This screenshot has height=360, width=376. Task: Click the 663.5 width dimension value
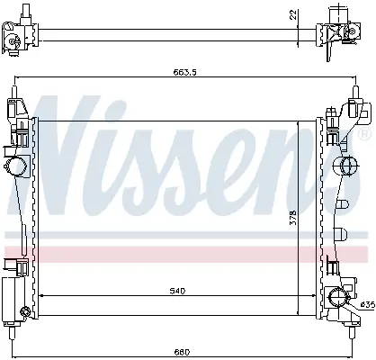pos(184,72)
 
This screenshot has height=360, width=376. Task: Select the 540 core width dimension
pos(177,291)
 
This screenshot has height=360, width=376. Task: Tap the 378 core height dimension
pos(293,218)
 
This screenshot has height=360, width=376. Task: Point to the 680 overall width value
pos(182,352)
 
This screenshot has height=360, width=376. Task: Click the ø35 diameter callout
pos(368,305)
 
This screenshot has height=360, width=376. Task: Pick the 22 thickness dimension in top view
pos(293,14)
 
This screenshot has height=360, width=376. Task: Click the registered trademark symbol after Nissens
pos(365,134)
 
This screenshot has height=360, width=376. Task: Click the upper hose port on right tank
pos(345,166)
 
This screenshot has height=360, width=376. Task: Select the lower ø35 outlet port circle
pos(338,298)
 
